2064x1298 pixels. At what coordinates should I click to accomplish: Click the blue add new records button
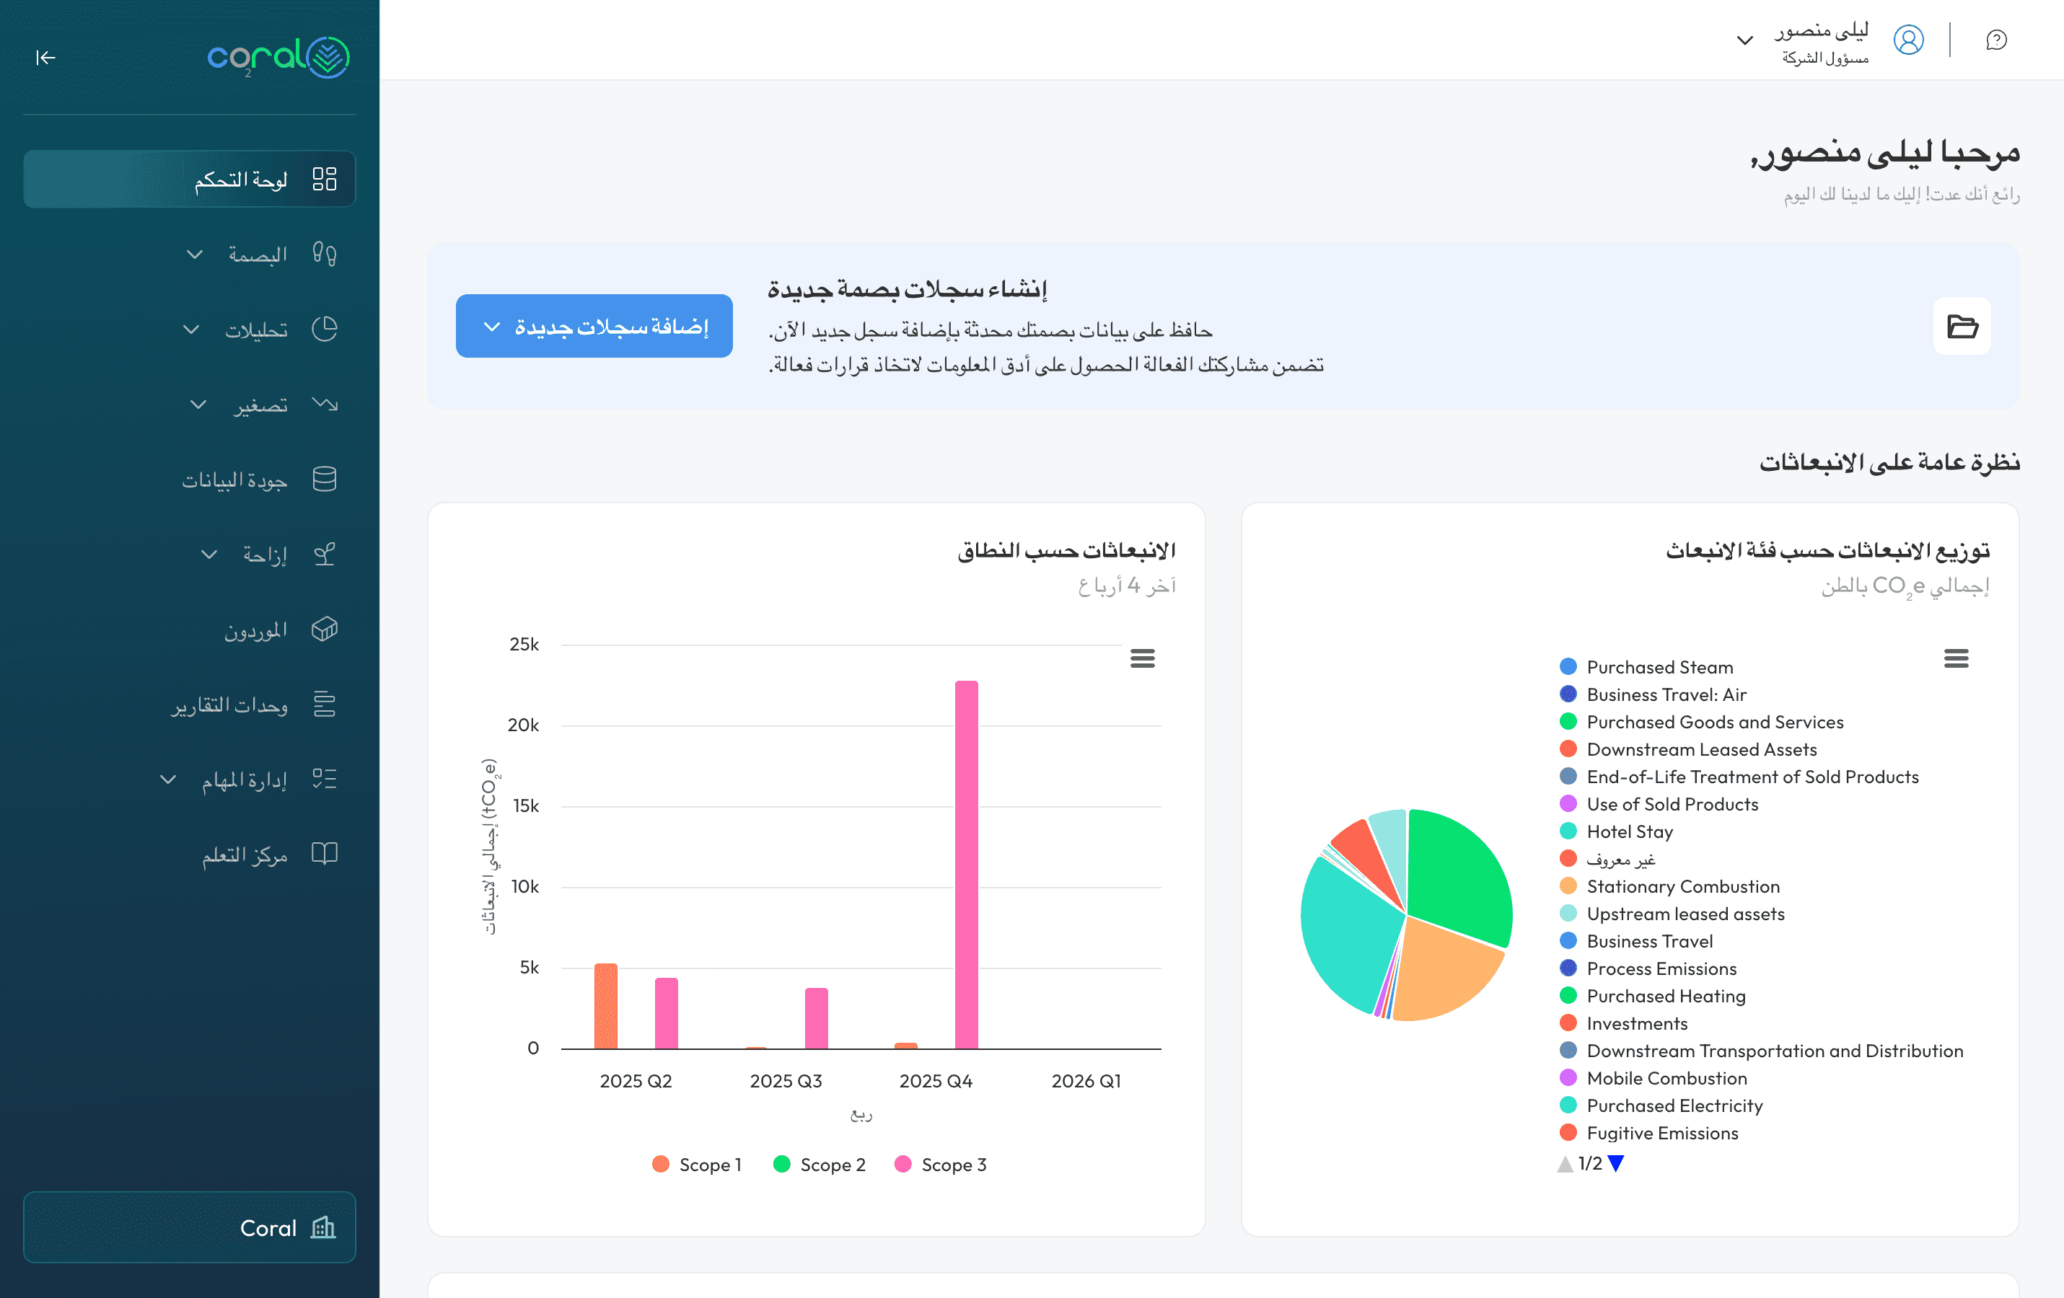(x=593, y=327)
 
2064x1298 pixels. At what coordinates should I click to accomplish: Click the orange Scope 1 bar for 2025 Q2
(x=605, y=1006)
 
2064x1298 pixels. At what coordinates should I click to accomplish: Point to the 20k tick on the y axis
(x=523, y=725)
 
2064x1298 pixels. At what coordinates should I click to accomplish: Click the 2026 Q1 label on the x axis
(x=1085, y=1081)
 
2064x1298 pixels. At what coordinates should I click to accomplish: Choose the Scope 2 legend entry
(x=819, y=1165)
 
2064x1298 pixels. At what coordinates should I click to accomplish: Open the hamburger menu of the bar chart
(x=1142, y=658)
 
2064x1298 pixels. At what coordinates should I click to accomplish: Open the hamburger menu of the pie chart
(x=1955, y=658)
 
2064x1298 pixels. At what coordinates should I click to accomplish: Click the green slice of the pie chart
(x=1457, y=874)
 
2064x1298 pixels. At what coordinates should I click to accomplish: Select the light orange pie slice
(x=1444, y=968)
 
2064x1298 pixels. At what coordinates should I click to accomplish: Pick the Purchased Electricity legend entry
(x=1673, y=1106)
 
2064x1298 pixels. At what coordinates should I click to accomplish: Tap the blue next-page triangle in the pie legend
(x=1616, y=1163)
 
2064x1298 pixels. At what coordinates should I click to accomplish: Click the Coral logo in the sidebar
(x=278, y=58)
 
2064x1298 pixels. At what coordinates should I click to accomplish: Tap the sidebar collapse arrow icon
(x=45, y=58)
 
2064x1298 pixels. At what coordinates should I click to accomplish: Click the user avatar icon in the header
(x=1908, y=40)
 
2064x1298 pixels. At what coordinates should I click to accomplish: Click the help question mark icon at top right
(x=1996, y=40)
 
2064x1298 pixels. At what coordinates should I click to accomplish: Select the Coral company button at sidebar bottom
(x=190, y=1227)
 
